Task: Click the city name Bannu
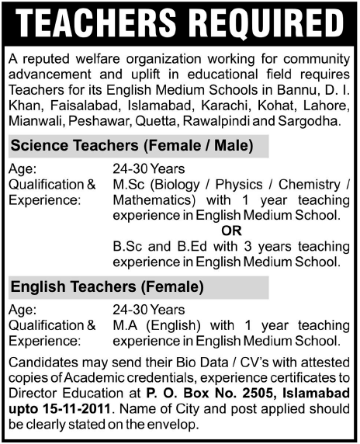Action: (x=299, y=92)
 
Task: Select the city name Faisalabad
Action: (x=78, y=107)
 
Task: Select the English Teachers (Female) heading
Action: (x=106, y=288)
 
